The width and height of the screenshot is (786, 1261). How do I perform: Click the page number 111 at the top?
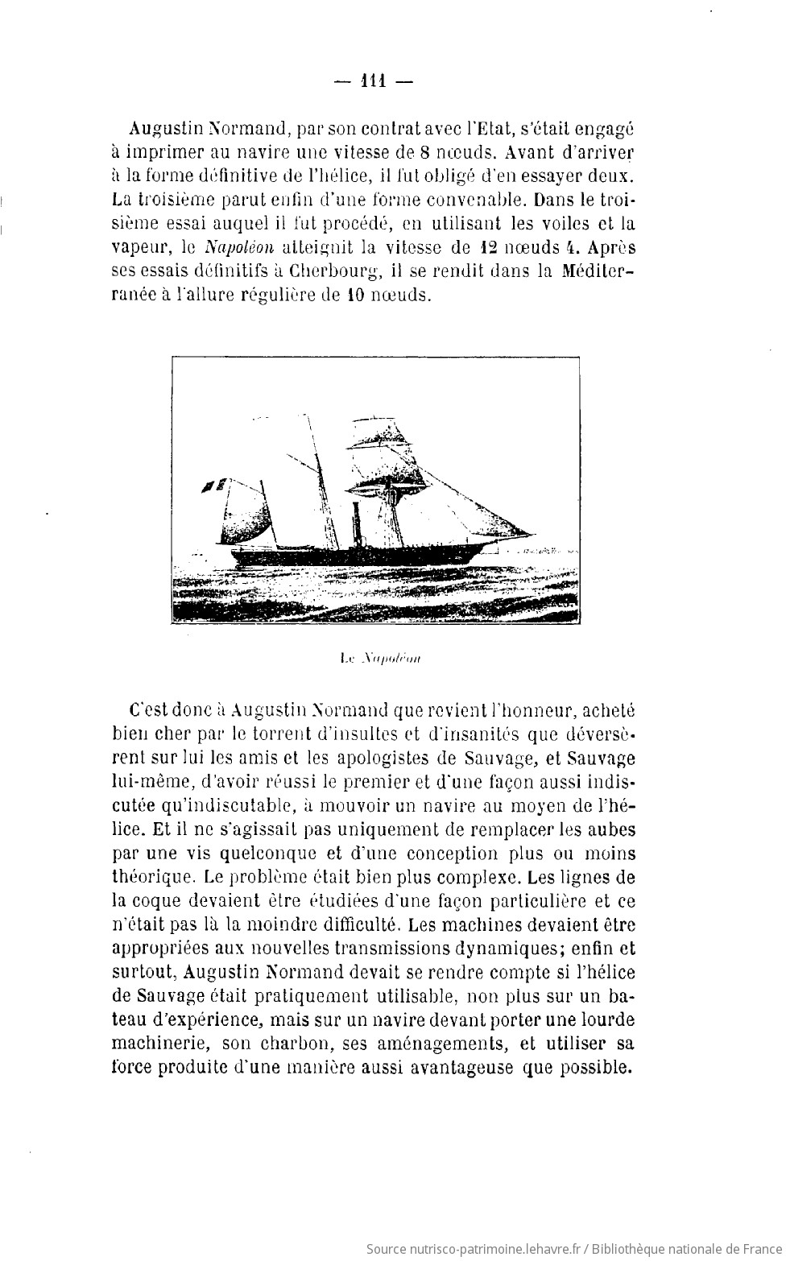373,81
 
